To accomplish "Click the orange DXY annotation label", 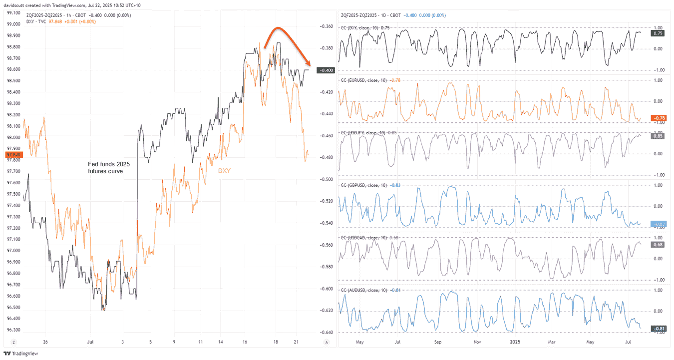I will (x=225, y=171).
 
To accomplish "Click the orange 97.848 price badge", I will (x=11, y=154).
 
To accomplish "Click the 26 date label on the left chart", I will (x=45, y=342).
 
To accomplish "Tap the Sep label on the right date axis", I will (x=438, y=342).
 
